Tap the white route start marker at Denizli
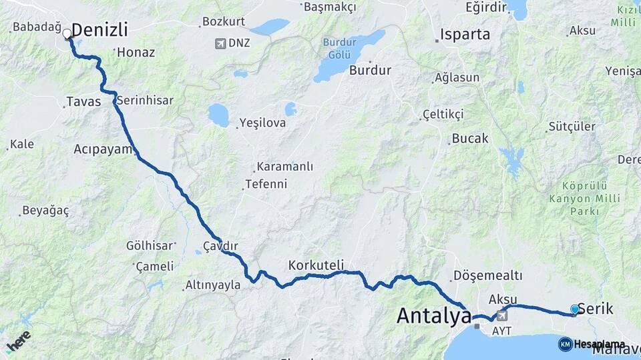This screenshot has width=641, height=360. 67,33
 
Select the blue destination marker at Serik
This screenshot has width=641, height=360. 575,309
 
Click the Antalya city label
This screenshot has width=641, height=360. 434,315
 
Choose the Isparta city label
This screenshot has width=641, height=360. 465,34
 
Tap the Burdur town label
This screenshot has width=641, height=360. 370,69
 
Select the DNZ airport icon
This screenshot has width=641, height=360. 220,43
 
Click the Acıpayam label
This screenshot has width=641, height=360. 104,149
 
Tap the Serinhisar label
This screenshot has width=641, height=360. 145,101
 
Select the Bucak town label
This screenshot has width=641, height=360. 470,139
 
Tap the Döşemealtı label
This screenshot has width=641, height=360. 487,275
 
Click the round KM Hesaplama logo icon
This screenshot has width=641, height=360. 565,344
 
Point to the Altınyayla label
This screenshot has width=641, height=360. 212,285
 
